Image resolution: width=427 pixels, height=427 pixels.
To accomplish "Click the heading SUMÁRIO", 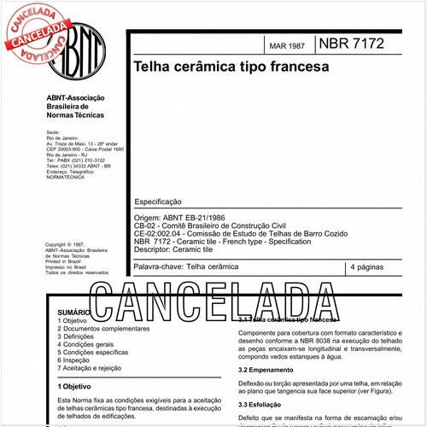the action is [73, 313].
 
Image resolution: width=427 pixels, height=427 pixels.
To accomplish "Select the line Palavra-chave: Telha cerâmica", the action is [188, 267].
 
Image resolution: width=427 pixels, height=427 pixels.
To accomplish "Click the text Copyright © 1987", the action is [68, 244].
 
